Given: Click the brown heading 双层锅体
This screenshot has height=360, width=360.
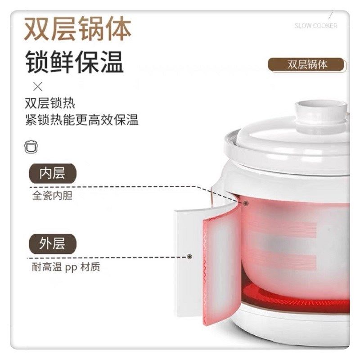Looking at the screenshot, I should [x=77, y=29].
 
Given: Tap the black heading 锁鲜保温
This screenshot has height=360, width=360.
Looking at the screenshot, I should [x=74, y=62].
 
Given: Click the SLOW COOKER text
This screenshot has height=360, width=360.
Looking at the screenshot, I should [x=315, y=26].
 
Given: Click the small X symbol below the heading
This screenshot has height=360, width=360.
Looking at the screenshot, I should [x=38, y=86].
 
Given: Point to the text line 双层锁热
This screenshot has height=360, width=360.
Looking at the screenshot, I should [x=50, y=103].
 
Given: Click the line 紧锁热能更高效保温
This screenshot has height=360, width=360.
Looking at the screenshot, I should [x=82, y=120].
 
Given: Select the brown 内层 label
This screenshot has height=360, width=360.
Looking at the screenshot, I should [x=52, y=174].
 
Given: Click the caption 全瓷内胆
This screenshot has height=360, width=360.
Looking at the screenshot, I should [x=52, y=196].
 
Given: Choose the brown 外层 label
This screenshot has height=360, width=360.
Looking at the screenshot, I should [x=52, y=243].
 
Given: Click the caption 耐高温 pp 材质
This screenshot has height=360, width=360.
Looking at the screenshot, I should [x=66, y=267].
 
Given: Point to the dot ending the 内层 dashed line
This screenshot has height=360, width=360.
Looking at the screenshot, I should [x=247, y=203].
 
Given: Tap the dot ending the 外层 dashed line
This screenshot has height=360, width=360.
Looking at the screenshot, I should [x=189, y=256].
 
